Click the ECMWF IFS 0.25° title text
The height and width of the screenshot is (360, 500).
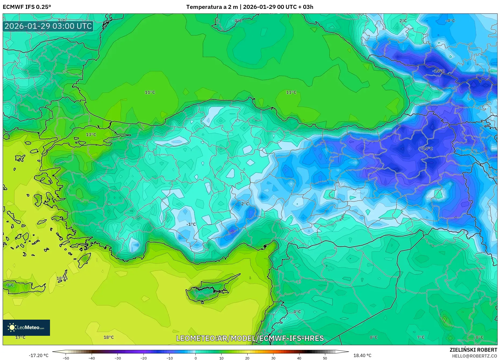pos(27,7)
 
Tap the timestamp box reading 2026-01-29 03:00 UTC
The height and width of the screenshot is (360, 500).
pos(48,26)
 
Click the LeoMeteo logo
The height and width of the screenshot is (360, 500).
pos(26,327)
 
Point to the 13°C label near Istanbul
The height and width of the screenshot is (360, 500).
pos(91,135)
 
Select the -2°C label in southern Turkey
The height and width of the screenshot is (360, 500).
pos(244,204)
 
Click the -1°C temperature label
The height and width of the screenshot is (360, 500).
pos(191,224)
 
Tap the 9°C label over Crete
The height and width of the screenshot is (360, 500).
pos(10,285)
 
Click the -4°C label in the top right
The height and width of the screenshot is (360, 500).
pos(450,21)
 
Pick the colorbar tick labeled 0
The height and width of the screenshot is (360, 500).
pos(195,358)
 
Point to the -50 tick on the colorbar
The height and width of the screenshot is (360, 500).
pos(66,358)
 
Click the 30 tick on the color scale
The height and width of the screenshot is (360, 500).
pos(273,358)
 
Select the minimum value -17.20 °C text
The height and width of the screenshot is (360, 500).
pos(38,355)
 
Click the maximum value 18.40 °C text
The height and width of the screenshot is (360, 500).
pos(362,355)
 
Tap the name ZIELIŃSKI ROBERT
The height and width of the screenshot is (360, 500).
pos(473,350)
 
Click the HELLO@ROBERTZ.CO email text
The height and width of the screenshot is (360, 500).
pos(474,356)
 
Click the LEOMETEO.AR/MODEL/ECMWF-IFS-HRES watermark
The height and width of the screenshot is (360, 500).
pos(250,338)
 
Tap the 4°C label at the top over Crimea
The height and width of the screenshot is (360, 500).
pos(238,21)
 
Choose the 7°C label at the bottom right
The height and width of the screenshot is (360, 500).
pos(420,337)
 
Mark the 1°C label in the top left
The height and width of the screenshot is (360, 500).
pos(62,20)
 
